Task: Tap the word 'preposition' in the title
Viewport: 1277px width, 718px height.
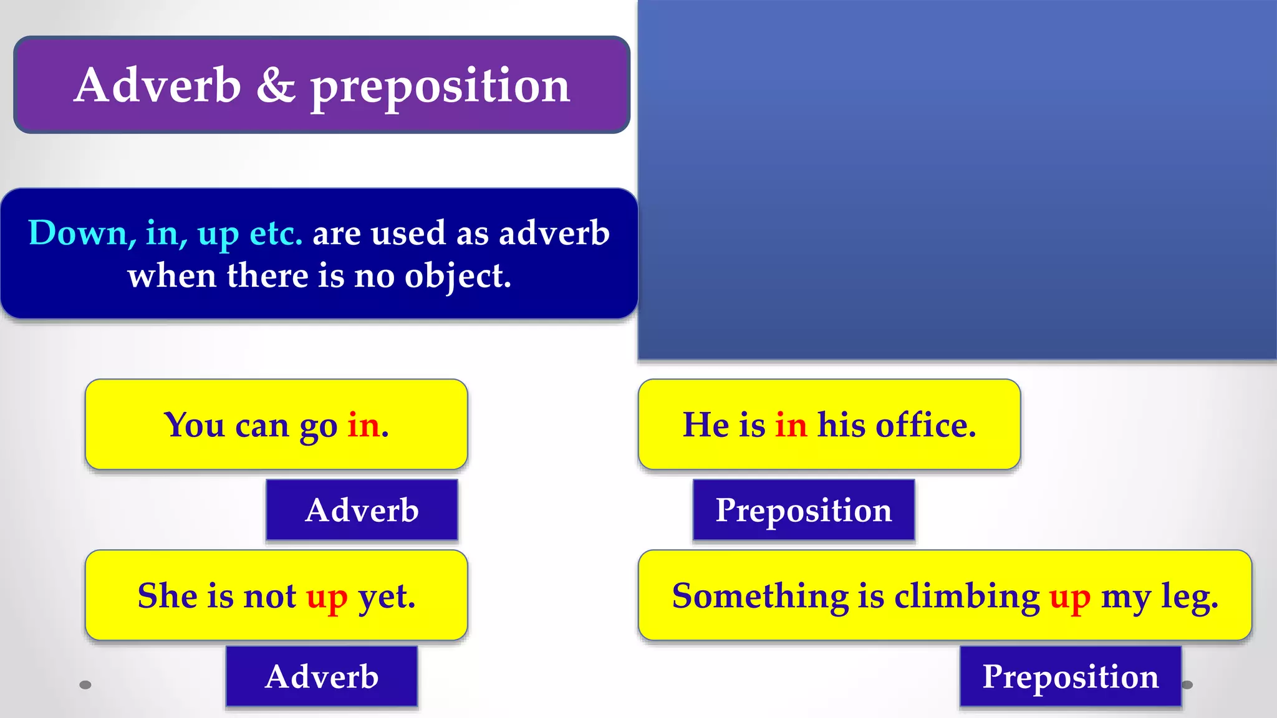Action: pyautogui.click(x=440, y=87)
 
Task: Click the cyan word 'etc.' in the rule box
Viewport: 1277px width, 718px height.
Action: pyautogui.click(x=276, y=233)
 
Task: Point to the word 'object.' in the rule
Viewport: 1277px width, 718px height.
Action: pyautogui.click(x=458, y=275)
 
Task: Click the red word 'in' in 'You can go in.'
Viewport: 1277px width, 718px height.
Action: pyautogui.click(x=364, y=425)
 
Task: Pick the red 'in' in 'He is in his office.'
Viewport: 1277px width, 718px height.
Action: pyautogui.click(x=791, y=425)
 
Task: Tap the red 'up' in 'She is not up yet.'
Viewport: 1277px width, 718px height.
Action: pyautogui.click(x=327, y=596)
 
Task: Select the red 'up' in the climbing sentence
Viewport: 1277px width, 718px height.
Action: pyautogui.click(x=1070, y=596)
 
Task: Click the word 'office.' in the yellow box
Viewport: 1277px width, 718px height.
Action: pyautogui.click(x=926, y=425)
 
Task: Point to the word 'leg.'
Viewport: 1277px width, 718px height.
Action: pyautogui.click(x=1189, y=596)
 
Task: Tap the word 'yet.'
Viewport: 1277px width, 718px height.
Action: pyautogui.click(x=387, y=596)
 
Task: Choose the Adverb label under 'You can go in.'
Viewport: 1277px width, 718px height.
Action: pyautogui.click(x=362, y=510)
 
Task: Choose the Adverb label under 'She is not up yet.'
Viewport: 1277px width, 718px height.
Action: pyautogui.click(x=322, y=676)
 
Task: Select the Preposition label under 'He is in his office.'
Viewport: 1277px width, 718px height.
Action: pyautogui.click(x=804, y=510)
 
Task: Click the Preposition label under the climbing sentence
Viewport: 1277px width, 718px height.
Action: pyautogui.click(x=1071, y=676)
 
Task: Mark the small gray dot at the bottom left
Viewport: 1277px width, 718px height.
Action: pyautogui.click(x=85, y=685)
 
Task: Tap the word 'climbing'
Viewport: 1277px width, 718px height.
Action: pyautogui.click(x=967, y=596)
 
